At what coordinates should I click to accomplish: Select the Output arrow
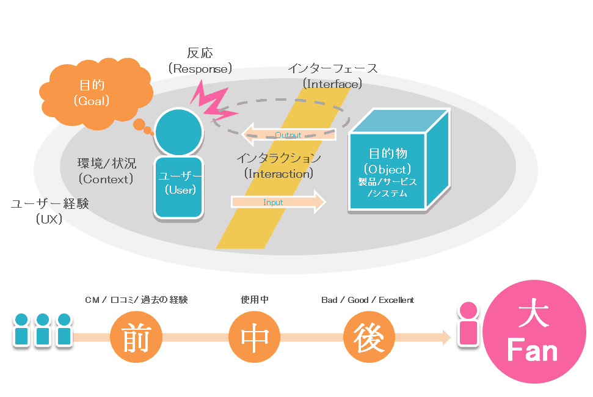pyautogui.click(x=288, y=134)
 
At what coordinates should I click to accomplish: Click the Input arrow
pyautogui.click(x=278, y=202)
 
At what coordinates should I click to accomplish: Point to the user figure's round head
pyautogui.click(x=179, y=131)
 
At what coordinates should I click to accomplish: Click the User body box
pyautogui.click(x=179, y=188)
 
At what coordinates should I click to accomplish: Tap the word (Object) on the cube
pyautogui.click(x=387, y=169)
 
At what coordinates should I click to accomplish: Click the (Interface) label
pyautogui.click(x=332, y=84)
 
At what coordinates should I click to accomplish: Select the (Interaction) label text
pyautogui.click(x=278, y=174)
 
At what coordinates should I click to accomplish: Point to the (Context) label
pyautogui.click(x=106, y=179)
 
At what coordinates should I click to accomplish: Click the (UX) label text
pyautogui.click(x=49, y=219)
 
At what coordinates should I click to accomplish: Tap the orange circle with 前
pyautogui.click(x=136, y=337)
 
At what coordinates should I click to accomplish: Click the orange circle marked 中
pyautogui.click(x=255, y=337)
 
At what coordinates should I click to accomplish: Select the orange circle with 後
pyautogui.click(x=369, y=337)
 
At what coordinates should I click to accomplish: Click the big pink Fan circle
pyautogui.click(x=534, y=332)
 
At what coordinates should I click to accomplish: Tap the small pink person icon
pyautogui.click(x=468, y=324)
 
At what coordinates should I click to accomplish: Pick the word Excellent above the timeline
pyautogui.click(x=396, y=300)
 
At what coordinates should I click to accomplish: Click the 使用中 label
pyautogui.click(x=255, y=300)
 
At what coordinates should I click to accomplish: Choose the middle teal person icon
pyautogui.click(x=43, y=330)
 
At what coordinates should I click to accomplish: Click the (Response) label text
pyautogui.click(x=200, y=69)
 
